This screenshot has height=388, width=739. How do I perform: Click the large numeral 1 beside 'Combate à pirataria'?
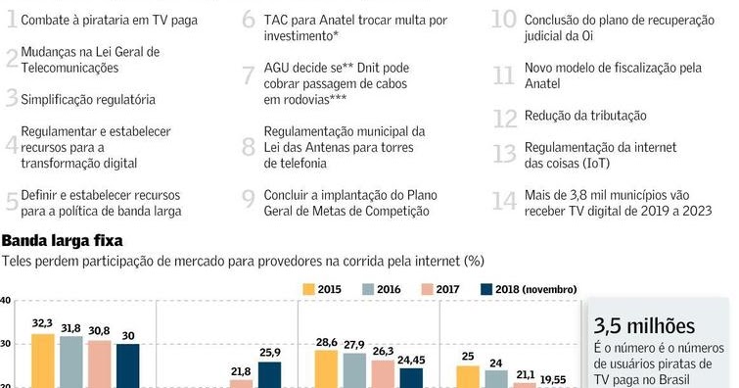[x=10, y=20]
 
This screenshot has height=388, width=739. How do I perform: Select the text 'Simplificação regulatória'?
[x=88, y=100]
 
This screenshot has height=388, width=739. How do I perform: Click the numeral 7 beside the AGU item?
[x=248, y=75]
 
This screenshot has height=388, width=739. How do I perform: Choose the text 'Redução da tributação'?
[x=585, y=116]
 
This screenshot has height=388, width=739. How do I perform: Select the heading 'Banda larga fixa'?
[x=61, y=240]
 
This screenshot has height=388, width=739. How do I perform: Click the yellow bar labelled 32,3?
[x=42, y=361]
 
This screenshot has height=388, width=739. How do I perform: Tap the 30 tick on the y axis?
[x=6, y=343]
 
